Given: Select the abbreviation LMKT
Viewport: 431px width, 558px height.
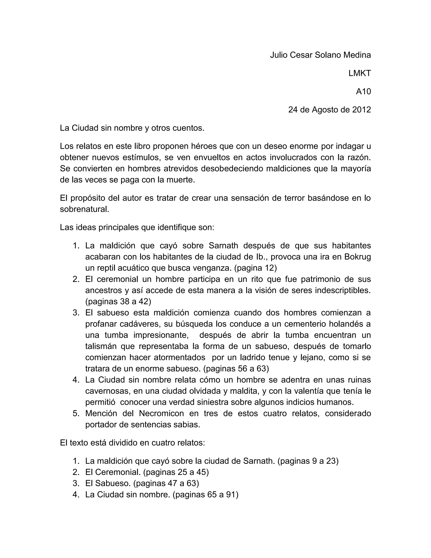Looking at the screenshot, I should [x=359, y=73].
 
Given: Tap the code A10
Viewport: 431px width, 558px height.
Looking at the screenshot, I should [x=363, y=91].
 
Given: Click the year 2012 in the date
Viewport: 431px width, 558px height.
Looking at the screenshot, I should [x=361, y=110].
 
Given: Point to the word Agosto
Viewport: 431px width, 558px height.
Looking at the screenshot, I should [x=327, y=110].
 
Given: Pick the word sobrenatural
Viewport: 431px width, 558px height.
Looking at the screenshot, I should [x=84, y=209].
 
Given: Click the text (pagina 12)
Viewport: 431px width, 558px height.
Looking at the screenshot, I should [x=255, y=268].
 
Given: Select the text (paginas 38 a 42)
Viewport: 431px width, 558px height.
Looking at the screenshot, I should [x=118, y=302].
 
